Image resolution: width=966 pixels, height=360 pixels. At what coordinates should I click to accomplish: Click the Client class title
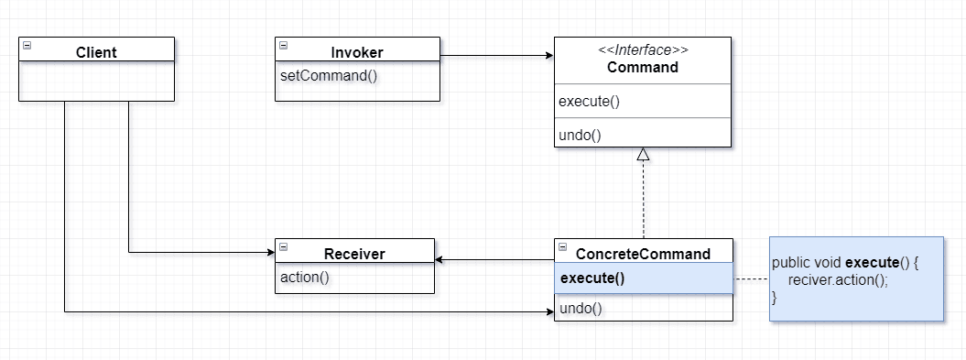coord(96,52)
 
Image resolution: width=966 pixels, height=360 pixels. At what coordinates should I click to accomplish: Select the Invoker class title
coord(357,52)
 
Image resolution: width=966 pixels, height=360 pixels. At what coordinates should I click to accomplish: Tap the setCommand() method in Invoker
coord(329,74)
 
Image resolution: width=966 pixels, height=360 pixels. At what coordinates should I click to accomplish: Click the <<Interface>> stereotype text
coord(643,50)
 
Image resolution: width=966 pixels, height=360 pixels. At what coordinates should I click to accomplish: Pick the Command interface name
coord(643,68)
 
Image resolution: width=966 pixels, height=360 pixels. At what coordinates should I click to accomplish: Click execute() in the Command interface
coord(590,102)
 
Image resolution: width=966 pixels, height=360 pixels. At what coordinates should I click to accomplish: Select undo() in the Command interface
coord(580,135)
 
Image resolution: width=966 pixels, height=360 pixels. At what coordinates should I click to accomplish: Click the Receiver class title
coord(354,254)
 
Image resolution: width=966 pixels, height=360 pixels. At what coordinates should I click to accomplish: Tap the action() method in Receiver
coord(304,277)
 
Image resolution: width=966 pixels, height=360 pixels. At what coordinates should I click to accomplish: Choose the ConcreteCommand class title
coord(643,254)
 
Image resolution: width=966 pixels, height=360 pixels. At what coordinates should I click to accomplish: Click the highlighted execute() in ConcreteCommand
coord(592,278)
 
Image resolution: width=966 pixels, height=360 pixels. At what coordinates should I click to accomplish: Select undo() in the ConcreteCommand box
coord(581,309)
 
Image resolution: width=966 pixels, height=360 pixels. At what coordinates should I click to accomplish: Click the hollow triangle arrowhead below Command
coord(643,155)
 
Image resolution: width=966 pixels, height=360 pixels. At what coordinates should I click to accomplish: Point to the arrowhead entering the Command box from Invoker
coord(548,56)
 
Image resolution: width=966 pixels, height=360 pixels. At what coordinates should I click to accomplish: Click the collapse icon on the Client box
coord(27,45)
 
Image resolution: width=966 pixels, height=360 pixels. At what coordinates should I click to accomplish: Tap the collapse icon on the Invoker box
coord(283,45)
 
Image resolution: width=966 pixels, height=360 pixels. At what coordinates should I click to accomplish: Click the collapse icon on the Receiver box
coord(283,246)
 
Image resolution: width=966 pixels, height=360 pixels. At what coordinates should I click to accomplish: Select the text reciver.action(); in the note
coord(838,280)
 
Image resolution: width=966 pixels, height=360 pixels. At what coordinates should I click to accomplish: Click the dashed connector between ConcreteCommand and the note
coord(751,278)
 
